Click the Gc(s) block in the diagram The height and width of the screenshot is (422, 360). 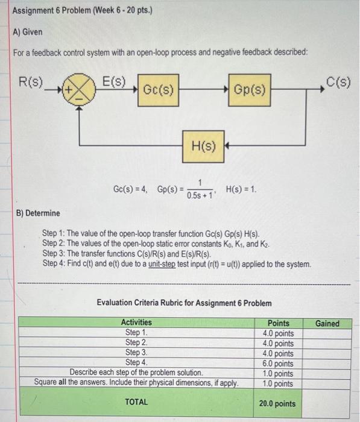pyautogui.click(x=159, y=90)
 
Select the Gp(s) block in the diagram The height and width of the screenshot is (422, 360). pyautogui.click(x=248, y=90)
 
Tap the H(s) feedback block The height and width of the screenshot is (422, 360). pyautogui.click(x=203, y=145)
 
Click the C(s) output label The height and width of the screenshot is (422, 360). pyautogui.click(x=338, y=81)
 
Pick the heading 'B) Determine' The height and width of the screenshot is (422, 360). pyautogui.click(x=37, y=213)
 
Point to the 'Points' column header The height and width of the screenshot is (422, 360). pyautogui.click(x=278, y=323)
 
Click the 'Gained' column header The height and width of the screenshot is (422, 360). pyautogui.click(x=327, y=323)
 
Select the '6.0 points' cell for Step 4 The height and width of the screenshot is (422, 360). pyautogui.click(x=278, y=363)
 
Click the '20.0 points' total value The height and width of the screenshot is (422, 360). pyautogui.click(x=277, y=403)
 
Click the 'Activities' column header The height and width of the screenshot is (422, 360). pyautogui.click(x=137, y=323)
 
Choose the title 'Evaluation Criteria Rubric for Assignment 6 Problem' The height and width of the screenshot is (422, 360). pyautogui.click(x=184, y=303)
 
